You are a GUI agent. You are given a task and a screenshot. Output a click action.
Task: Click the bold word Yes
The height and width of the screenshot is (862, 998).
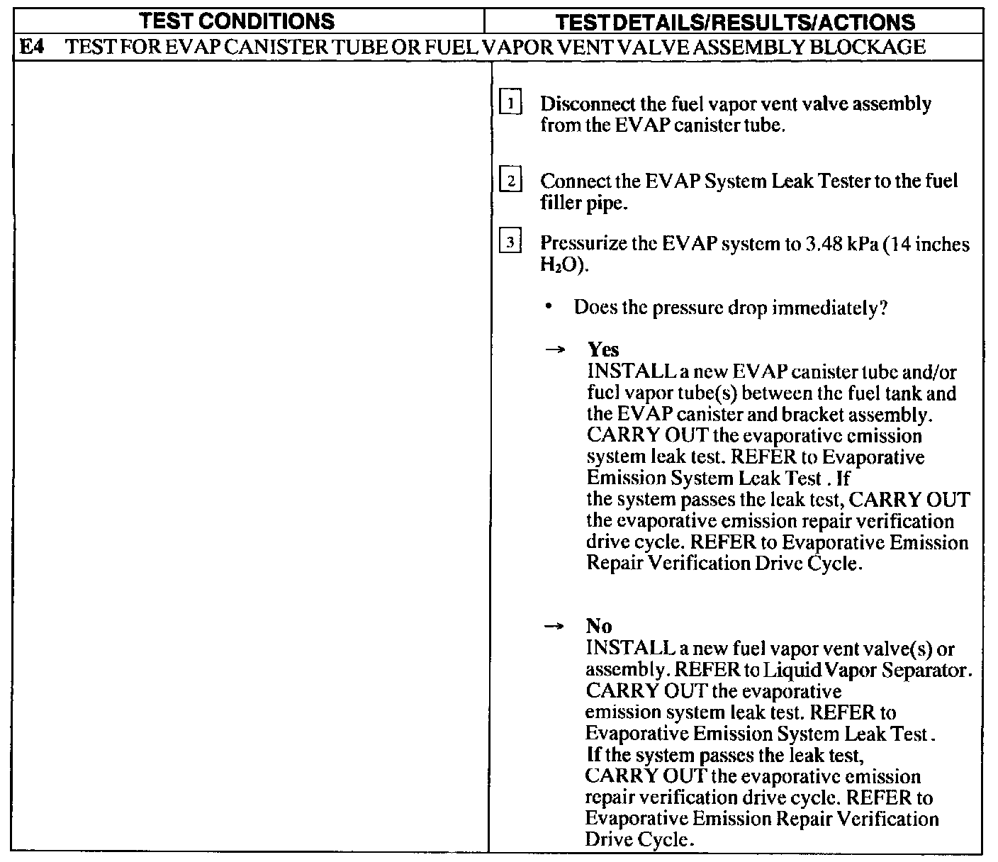pyautogui.click(x=603, y=349)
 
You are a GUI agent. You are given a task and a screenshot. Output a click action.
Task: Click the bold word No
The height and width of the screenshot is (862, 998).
pyautogui.click(x=599, y=626)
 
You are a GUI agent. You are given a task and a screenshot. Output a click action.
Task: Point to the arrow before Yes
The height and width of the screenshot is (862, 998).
pyautogui.click(x=558, y=350)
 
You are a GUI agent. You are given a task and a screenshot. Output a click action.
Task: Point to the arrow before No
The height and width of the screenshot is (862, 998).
pyautogui.click(x=557, y=627)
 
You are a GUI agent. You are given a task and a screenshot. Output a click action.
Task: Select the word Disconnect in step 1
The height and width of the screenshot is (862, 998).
pyautogui.click(x=578, y=104)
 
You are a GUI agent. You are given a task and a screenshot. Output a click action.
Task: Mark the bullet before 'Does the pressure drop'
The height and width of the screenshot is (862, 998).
pyautogui.click(x=549, y=308)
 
